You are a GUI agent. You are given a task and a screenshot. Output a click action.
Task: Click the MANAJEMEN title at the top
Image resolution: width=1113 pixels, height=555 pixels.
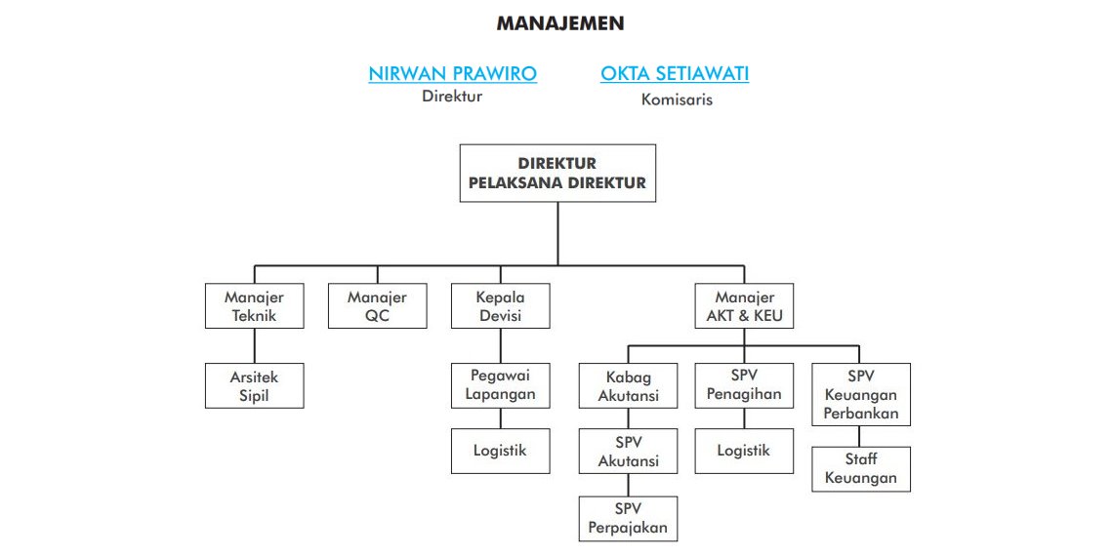pos(560,23)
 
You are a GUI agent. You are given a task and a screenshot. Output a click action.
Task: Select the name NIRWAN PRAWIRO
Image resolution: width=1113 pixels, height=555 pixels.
pos(452,74)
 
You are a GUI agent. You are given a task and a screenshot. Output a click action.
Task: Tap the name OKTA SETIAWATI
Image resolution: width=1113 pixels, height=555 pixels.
pos(675,74)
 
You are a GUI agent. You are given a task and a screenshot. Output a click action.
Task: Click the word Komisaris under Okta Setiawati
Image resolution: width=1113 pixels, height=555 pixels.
pos(677,99)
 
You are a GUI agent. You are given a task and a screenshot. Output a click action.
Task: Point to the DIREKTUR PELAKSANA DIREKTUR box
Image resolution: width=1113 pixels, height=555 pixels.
pos(557,173)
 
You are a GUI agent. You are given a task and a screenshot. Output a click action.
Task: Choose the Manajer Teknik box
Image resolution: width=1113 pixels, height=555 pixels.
pos(254,306)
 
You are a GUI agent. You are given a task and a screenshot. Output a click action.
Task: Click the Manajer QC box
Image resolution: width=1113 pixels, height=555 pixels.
pos(378,306)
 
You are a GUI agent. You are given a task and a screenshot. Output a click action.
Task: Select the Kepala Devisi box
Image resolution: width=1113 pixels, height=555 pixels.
pos(501,306)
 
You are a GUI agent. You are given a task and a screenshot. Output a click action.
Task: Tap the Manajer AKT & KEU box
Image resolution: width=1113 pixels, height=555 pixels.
pos(744,306)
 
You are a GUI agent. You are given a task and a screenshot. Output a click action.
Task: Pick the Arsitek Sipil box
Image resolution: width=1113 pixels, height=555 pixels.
pos(254,385)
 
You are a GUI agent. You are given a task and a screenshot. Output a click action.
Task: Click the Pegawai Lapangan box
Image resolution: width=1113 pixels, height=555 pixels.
pos(501,385)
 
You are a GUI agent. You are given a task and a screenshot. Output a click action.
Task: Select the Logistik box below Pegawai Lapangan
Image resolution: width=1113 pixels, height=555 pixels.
pos(501,451)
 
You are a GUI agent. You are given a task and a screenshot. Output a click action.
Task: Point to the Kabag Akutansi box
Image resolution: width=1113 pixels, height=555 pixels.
pos(628,385)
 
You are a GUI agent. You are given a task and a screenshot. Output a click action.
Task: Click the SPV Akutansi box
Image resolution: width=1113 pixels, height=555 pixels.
pos(628,451)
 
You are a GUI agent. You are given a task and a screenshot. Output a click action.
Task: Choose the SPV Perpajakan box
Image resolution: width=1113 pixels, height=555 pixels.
pos(628,519)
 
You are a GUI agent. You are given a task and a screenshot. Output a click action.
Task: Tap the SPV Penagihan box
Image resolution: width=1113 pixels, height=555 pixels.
pos(744,385)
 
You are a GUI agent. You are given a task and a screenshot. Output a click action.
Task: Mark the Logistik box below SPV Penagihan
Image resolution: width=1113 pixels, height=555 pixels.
pos(744,451)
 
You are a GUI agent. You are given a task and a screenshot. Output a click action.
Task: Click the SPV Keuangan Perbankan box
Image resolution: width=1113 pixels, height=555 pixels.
pos(861,394)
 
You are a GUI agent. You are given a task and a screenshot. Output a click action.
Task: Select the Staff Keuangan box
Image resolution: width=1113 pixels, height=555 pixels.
pos(861,469)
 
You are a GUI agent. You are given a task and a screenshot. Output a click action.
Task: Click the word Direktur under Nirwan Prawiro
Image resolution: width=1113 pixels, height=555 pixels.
pos(452,97)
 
